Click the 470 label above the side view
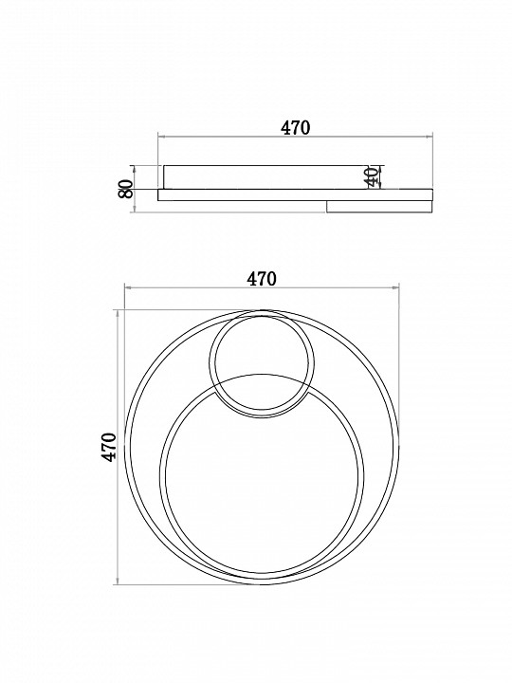pos(295,128)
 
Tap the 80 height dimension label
pos(126,189)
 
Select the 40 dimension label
pos(373,176)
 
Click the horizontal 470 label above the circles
pos(262,279)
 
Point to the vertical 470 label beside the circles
pos(109,447)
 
